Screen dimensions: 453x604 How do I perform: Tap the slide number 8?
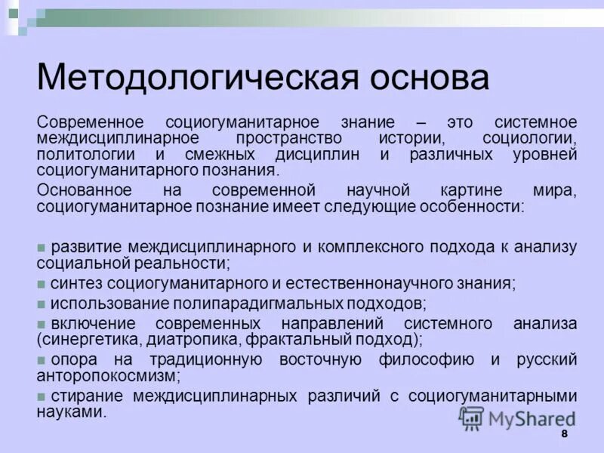click(x=563, y=436)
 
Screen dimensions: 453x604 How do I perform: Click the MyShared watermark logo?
click(x=518, y=418)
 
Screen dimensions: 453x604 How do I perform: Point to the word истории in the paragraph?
click(x=411, y=139)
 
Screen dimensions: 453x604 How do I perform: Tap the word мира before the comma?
click(x=556, y=190)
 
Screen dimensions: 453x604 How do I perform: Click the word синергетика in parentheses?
click(x=90, y=339)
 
